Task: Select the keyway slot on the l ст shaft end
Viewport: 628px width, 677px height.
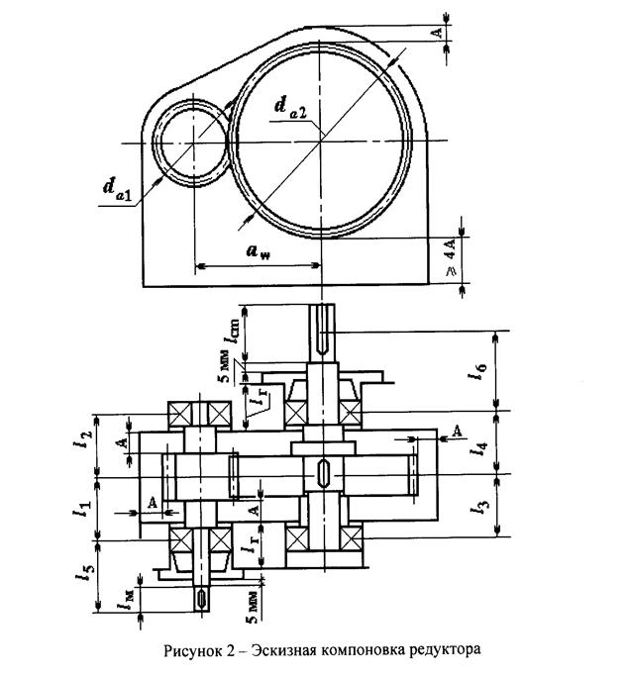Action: tap(324, 334)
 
